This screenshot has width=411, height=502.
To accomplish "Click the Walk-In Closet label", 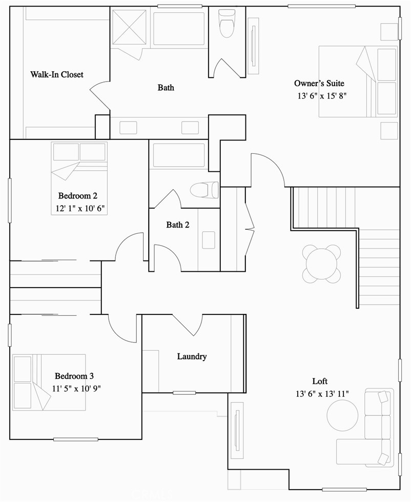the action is coord(57,74).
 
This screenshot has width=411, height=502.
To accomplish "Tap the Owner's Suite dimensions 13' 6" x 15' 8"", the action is coord(322,96).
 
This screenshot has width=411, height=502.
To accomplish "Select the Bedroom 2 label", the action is coord(78,195).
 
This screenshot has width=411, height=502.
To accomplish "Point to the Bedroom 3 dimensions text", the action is coord(76,388).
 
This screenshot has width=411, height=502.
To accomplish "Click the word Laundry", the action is coord(192,357).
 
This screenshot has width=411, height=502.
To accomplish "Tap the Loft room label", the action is coord(320,381).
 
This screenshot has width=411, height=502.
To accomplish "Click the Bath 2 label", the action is coord(177,225).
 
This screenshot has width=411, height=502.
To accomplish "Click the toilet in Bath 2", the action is coord(204,190).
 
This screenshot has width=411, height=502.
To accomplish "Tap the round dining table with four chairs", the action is coord(321,264).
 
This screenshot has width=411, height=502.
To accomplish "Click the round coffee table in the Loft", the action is coord(342,415).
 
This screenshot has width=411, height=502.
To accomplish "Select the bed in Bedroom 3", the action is coord(49,382).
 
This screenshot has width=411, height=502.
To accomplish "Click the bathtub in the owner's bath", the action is coord(179,29).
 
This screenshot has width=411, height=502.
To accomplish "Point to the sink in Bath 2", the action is coord(209,240).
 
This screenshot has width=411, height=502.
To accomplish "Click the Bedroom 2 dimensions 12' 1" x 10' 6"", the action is coord(80,208).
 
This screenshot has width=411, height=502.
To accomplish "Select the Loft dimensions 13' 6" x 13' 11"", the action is coord(322,394).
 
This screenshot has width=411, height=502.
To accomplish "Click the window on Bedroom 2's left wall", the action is coord(10,200).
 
